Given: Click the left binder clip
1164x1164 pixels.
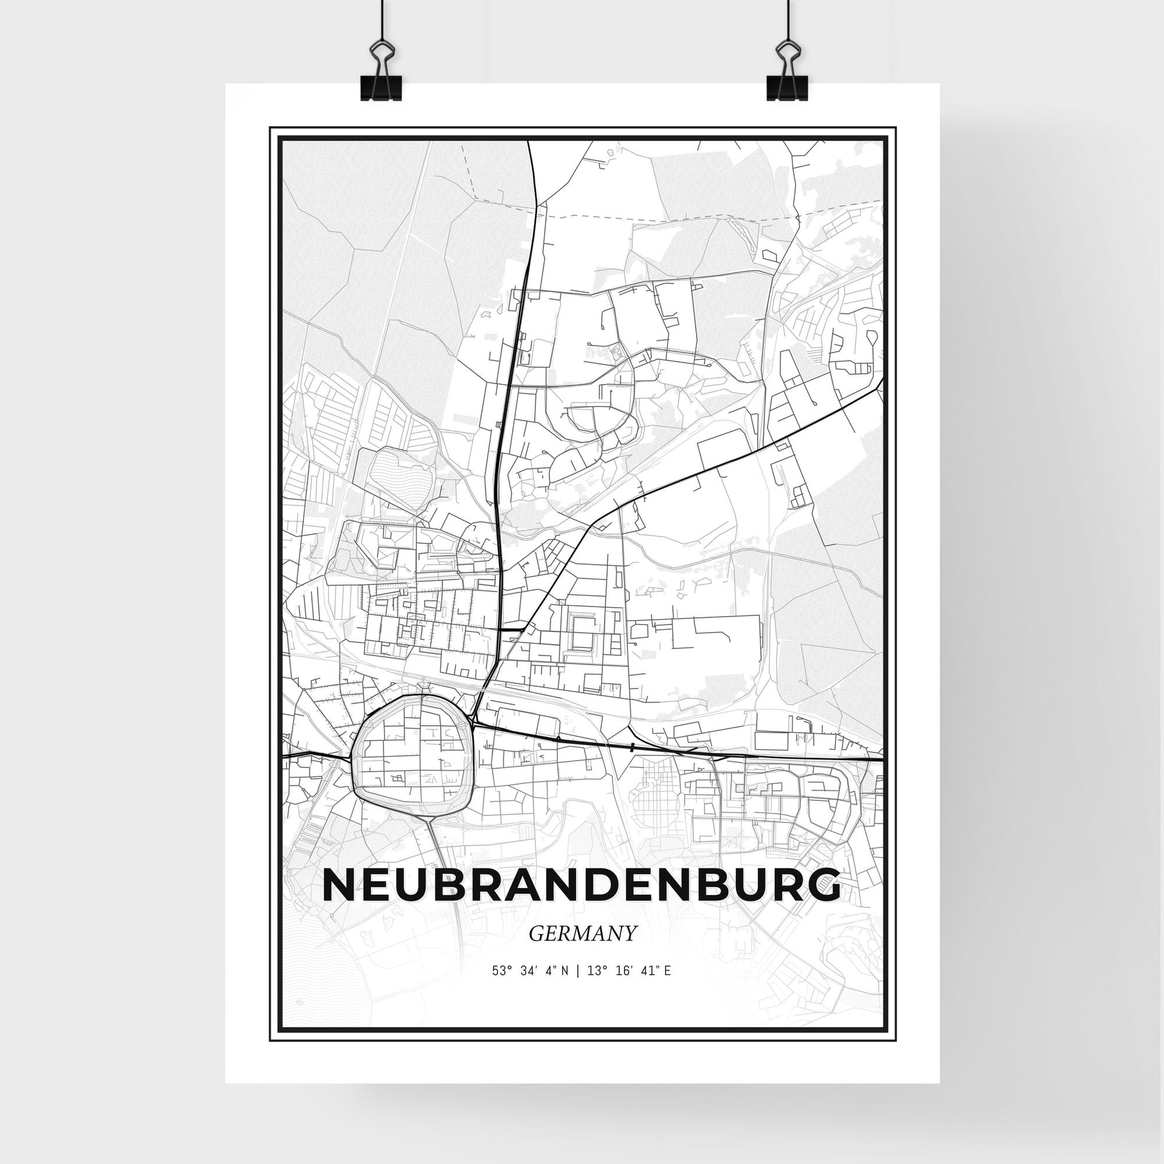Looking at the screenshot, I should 380,72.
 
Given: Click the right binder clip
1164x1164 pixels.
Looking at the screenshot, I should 785,72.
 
